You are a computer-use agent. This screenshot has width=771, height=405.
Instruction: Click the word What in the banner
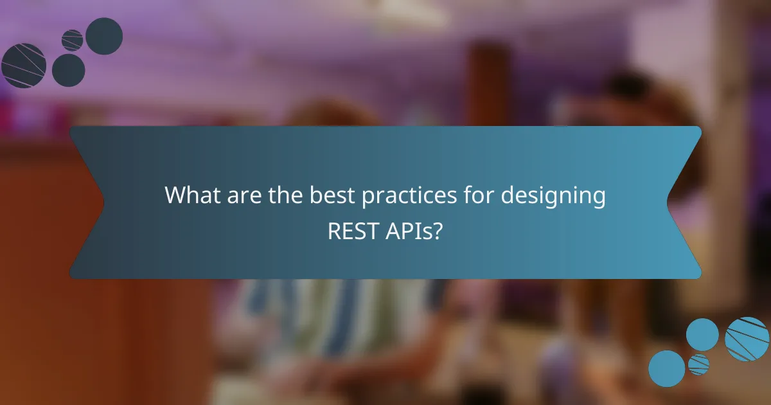(191, 195)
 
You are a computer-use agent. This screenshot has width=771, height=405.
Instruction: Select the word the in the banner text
(283, 195)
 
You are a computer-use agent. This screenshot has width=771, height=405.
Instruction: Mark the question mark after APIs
(438, 231)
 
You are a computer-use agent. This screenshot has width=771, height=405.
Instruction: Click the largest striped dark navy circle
(24, 66)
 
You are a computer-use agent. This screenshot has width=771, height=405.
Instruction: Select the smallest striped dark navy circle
(73, 40)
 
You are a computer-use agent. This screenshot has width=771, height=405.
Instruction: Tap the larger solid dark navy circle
(104, 36)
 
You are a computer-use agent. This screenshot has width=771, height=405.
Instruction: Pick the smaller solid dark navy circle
(68, 70)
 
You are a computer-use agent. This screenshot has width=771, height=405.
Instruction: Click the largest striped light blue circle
(747, 339)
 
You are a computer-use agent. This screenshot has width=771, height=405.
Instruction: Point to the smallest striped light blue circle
(698, 364)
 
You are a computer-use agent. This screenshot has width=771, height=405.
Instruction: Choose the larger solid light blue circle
(666, 368)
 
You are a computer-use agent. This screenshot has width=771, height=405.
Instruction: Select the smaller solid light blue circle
(702, 334)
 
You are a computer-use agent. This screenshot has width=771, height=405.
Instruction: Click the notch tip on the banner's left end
(103, 203)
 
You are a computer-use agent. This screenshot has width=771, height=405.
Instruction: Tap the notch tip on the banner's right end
(668, 203)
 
